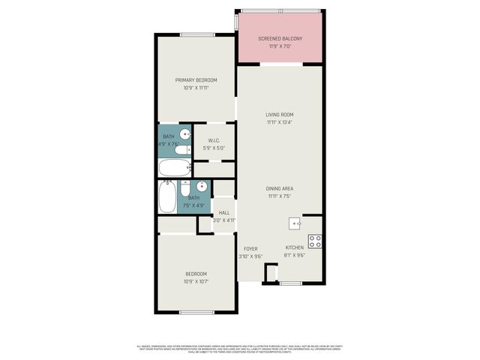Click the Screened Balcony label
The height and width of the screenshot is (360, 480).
tap(280, 38)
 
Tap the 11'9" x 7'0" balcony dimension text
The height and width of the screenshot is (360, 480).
tap(280, 46)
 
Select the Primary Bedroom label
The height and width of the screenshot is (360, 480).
tap(196, 80)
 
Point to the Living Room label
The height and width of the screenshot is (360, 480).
tap(280, 115)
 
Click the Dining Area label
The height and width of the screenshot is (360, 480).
tap(279, 188)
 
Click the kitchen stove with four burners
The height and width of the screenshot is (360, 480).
tap(315, 241)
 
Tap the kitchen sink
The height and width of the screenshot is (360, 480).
tap(295, 223)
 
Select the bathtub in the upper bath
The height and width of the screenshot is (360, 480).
tap(175, 166)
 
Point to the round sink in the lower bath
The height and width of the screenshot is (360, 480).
tap(202, 187)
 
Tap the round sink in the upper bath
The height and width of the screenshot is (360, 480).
tap(184, 134)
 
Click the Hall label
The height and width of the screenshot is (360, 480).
tap(223, 213)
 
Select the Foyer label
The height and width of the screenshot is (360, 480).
tap(250, 248)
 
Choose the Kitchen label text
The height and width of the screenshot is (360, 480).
tap(294, 247)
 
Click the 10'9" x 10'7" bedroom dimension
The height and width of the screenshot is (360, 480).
tap(196, 282)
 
